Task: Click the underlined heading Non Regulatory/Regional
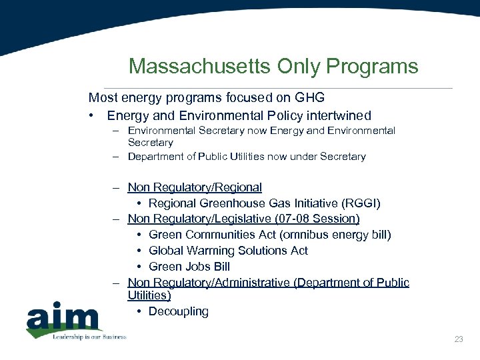point(195,187)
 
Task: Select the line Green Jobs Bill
point(189,267)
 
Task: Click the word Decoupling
point(179,311)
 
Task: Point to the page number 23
point(458,339)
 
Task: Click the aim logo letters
point(63,318)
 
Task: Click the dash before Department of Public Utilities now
point(115,157)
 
